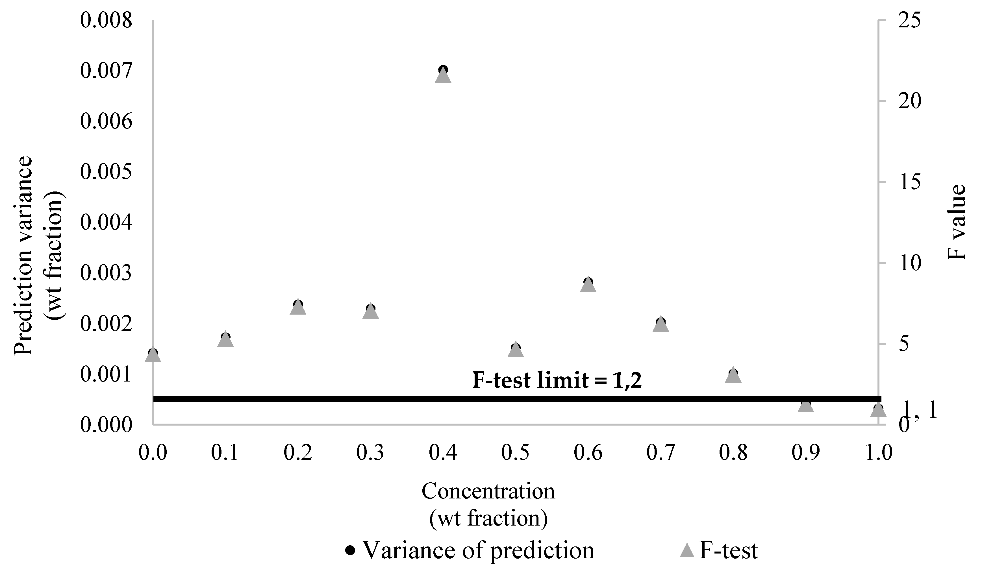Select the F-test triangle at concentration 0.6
click(x=588, y=286)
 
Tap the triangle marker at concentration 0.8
click(x=733, y=376)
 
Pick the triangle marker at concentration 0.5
click(x=516, y=350)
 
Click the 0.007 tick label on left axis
click(x=106, y=71)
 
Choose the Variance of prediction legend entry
click(x=470, y=550)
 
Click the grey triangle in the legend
click(x=687, y=550)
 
